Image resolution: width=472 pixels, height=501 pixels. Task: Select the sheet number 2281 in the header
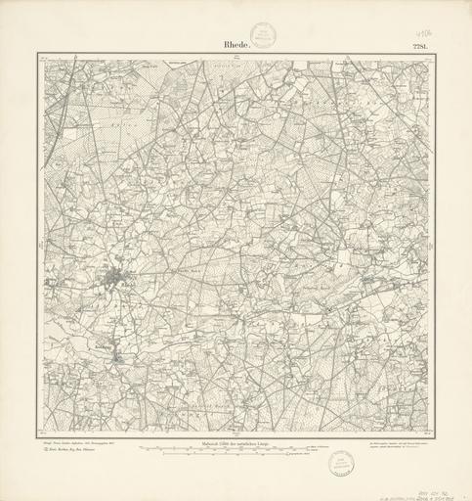420,44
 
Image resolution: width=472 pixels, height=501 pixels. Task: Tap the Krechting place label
104,344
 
